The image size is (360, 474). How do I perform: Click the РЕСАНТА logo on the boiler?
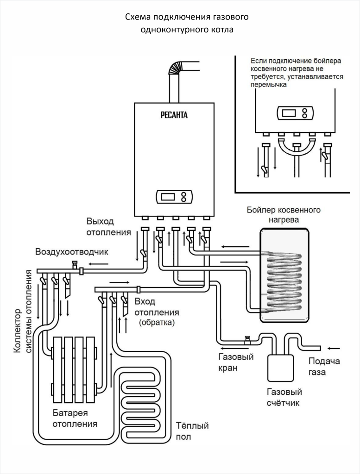174,115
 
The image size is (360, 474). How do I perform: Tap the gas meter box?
280,368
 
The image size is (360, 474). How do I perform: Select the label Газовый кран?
236,362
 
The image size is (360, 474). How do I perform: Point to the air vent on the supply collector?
75,265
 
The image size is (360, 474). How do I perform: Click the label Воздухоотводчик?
72,252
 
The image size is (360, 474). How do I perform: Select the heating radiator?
75,370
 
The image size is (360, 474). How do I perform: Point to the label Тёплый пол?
192,431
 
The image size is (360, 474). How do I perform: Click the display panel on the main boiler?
174,197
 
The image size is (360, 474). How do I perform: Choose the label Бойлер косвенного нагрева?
284,214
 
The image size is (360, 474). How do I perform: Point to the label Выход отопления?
108,226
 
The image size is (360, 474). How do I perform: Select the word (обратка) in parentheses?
157,323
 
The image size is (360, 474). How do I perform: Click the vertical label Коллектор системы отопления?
22,312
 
